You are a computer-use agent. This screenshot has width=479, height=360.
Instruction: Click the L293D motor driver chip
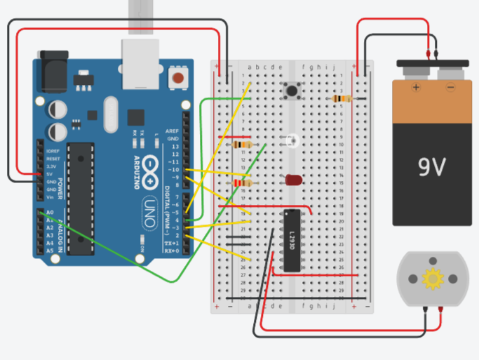pyautogui.click(x=292, y=239)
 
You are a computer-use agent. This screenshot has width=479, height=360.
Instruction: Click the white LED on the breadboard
pyautogui.click(x=290, y=140)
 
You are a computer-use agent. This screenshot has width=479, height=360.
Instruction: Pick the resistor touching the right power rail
pyautogui.click(x=342, y=99)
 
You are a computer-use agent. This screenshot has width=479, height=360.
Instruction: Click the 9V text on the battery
pyautogui.click(x=432, y=167)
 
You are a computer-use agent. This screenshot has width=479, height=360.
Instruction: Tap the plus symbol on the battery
pyautogui.click(x=416, y=88)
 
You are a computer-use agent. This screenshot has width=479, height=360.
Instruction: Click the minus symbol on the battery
pyautogui.click(x=450, y=88)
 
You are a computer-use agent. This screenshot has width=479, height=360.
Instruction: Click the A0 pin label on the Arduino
pyautogui.click(x=50, y=212)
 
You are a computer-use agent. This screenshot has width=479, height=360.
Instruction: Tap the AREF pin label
pyautogui.click(x=172, y=131)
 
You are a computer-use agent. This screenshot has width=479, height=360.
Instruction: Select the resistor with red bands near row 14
pyautogui.click(x=241, y=183)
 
